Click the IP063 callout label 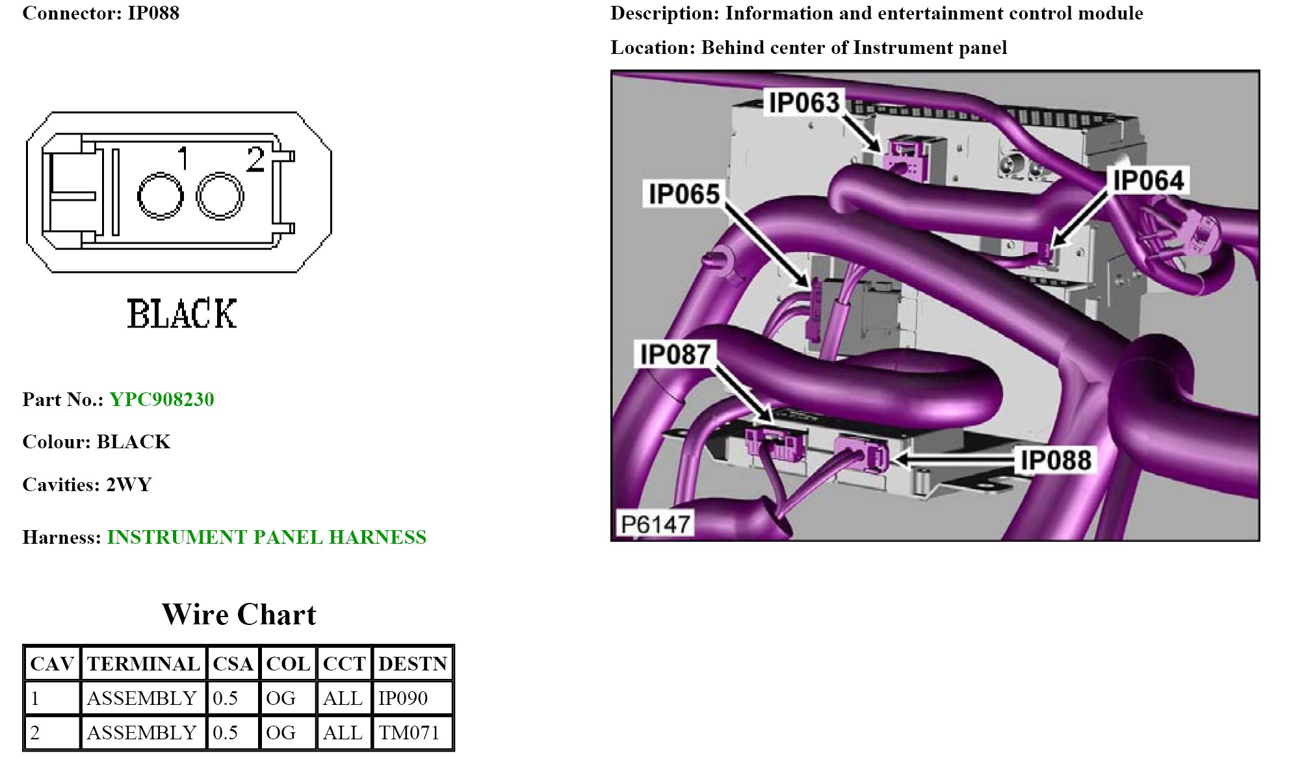tap(804, 103)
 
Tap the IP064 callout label tap(1148, 180)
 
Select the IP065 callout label tap(684, 194)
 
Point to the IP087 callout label tap(675, 354)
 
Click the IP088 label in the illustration tap(1056, 460)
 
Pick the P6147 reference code tap(655, 524)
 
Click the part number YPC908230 tap(162, 399)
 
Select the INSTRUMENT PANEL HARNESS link tap(267, 537)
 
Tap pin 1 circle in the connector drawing tap(160, 196)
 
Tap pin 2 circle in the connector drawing tap(220, 196)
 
